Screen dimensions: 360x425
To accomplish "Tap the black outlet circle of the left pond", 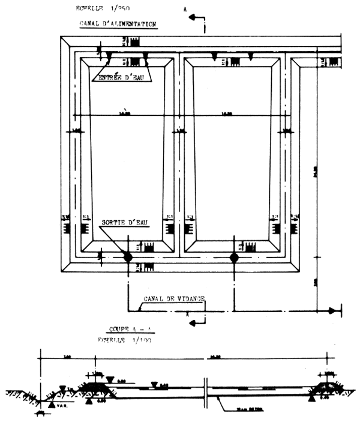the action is pyautogui.click(x=127, y=257).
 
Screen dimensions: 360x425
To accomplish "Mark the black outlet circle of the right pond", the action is pyautogui.click(x=234, y=257).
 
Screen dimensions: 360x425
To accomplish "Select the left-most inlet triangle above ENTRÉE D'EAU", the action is pyautogui.click(x=109, y=55).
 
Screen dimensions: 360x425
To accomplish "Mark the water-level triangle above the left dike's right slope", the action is pyautogui.click(x=112, y=379).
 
